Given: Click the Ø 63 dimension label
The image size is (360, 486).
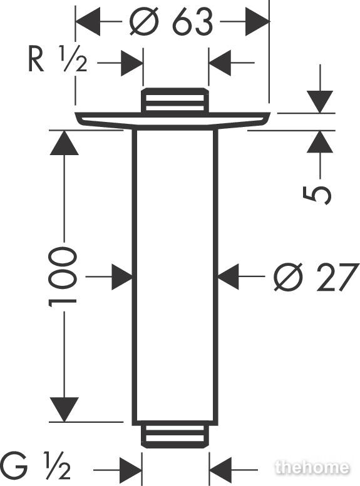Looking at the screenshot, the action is pyautogui.click(x=172, y=22).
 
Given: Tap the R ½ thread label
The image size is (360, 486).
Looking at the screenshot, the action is pyautogui.click(x=58, y=59).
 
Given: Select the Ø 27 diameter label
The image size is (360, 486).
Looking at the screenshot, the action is pyautogui.click(x=316, y=277).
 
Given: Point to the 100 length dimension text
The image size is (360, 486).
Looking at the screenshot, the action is pyautogui.click(x=63, y=276).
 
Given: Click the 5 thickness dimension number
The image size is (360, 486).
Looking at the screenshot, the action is pyautogui.click(x=317, y=195).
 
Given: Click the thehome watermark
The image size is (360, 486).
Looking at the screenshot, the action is pyautogui.click(x=312, y=467).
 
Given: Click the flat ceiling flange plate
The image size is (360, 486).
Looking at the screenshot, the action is pyautogui.click(x=173, y=120).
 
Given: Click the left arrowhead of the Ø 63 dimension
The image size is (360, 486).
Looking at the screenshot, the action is pyautogui.click(x=88, y=22).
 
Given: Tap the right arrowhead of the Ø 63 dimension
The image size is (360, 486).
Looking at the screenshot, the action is pyautogui.click(x=257, y=22).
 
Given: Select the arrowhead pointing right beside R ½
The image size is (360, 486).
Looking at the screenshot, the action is pyautogui.click(x=131, y=63).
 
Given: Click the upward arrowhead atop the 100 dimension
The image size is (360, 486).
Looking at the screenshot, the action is pyautogui.click(x=64, y=143).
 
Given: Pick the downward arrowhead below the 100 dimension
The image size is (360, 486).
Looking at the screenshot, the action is pyautogui.click(x=64, y=410).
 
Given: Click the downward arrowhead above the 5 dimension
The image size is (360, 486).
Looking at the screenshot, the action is pyautogui.click(x=320, y=102).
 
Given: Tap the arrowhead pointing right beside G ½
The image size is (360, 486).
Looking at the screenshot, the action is pyautogui.click(x=131, y=470).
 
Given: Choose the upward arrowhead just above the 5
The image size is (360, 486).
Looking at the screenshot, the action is pyautogui.click(x=320, y=142).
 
